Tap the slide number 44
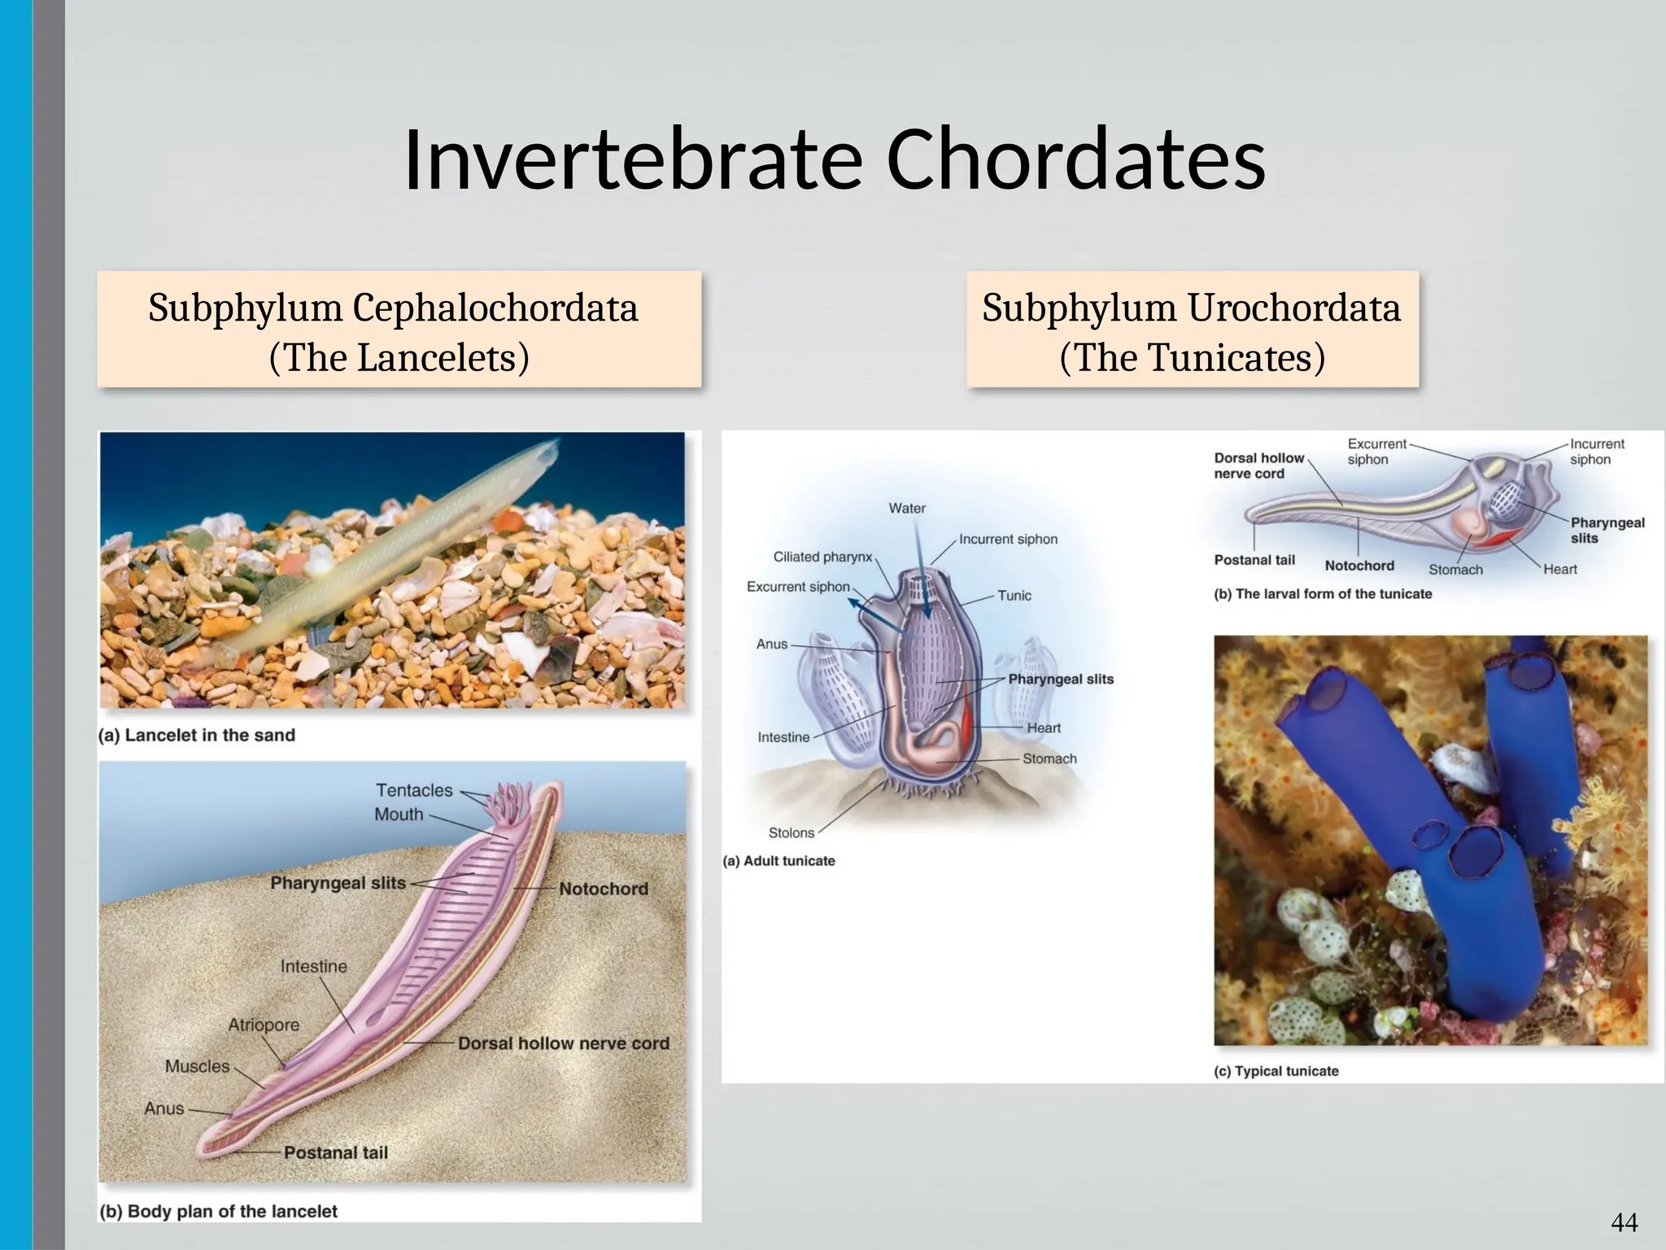click(x=1624, y=1222)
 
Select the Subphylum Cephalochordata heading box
click(x=399, y=330)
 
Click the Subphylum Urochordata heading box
click(x=1192, y=330)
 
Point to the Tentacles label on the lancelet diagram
click(x=414, y=790)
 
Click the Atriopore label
click(x=264, y=1025)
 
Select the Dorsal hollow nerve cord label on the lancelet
click(x=563, y=1043)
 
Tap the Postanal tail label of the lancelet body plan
click(x=335, y=1152)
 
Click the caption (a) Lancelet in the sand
click(x=197, y=735)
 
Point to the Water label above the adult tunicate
click(x=907, y=509)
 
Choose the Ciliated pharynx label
click(x=822, y=557)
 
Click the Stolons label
click(x=791, y=833)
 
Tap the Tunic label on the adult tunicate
click(x=1014, y=596)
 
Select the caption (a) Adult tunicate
click(x=778, y=861)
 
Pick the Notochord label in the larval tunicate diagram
click(x=1359, y=566)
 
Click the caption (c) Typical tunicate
click(x=1276, y=1071)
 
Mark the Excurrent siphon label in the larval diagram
click(x=1376, y=452)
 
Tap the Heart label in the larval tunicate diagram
click(x=1559, y=570)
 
